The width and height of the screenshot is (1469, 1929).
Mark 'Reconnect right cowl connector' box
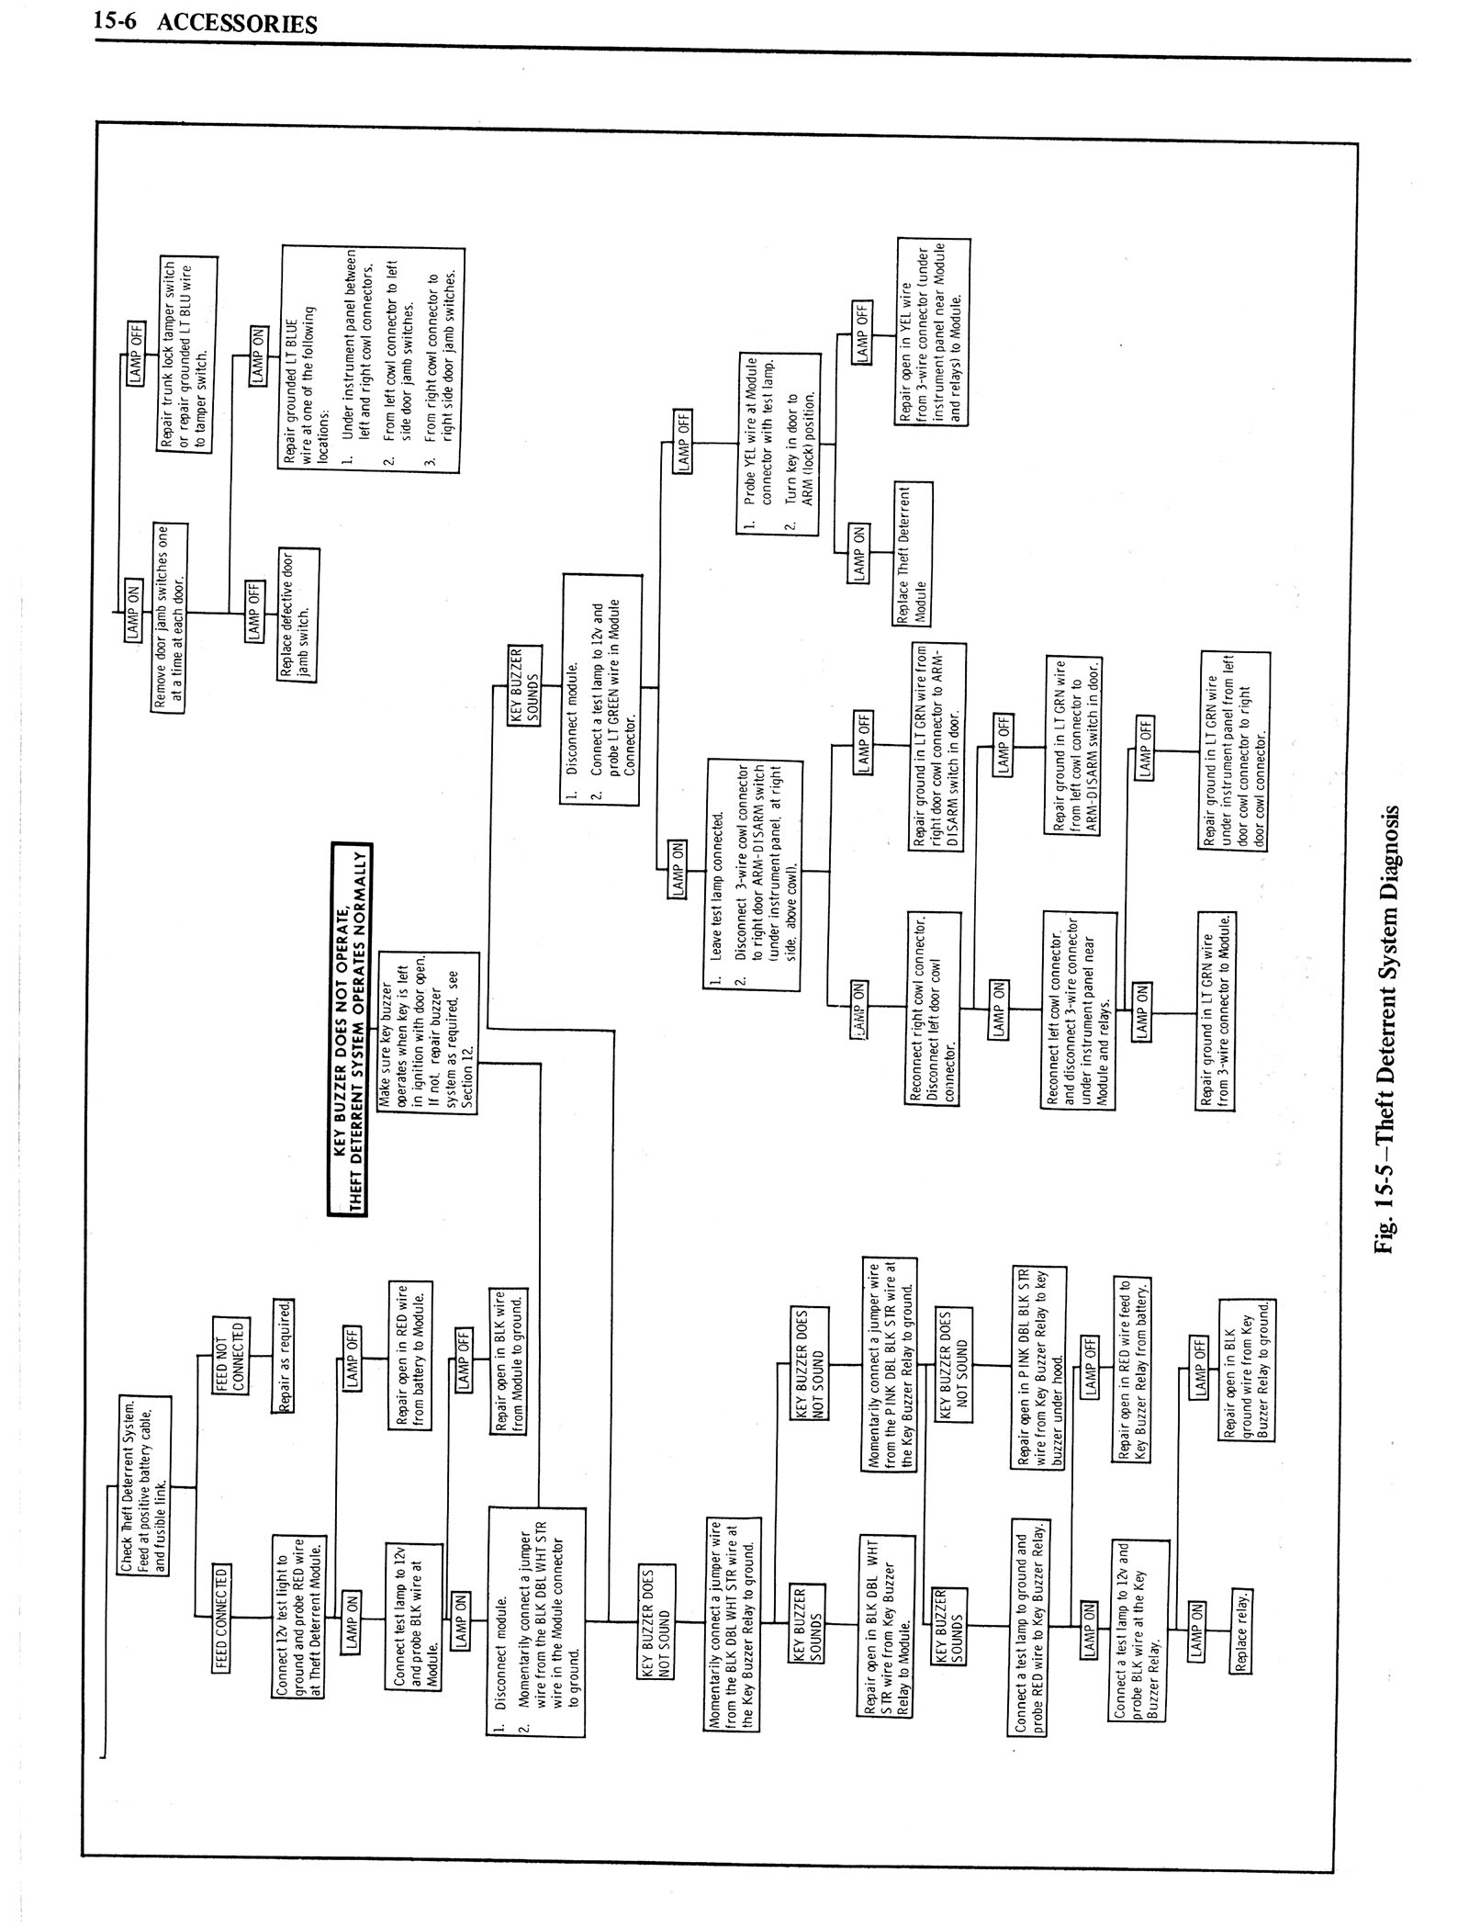[932, 1007]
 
